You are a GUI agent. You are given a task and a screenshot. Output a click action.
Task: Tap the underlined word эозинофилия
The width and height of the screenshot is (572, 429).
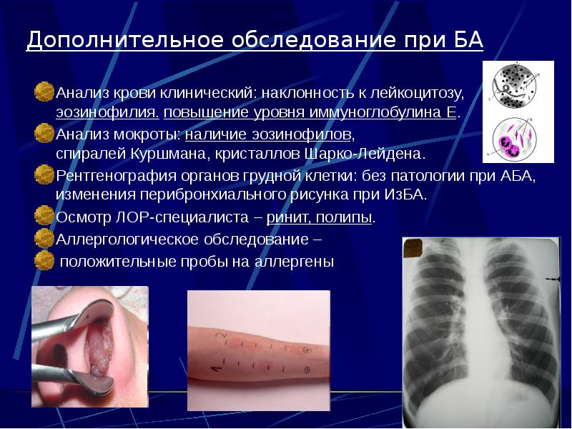point(108,113)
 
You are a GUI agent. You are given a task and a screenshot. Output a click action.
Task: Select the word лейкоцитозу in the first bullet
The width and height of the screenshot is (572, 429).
point(422,93)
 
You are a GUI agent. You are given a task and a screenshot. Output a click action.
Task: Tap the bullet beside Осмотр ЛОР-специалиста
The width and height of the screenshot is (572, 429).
point(44,216)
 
